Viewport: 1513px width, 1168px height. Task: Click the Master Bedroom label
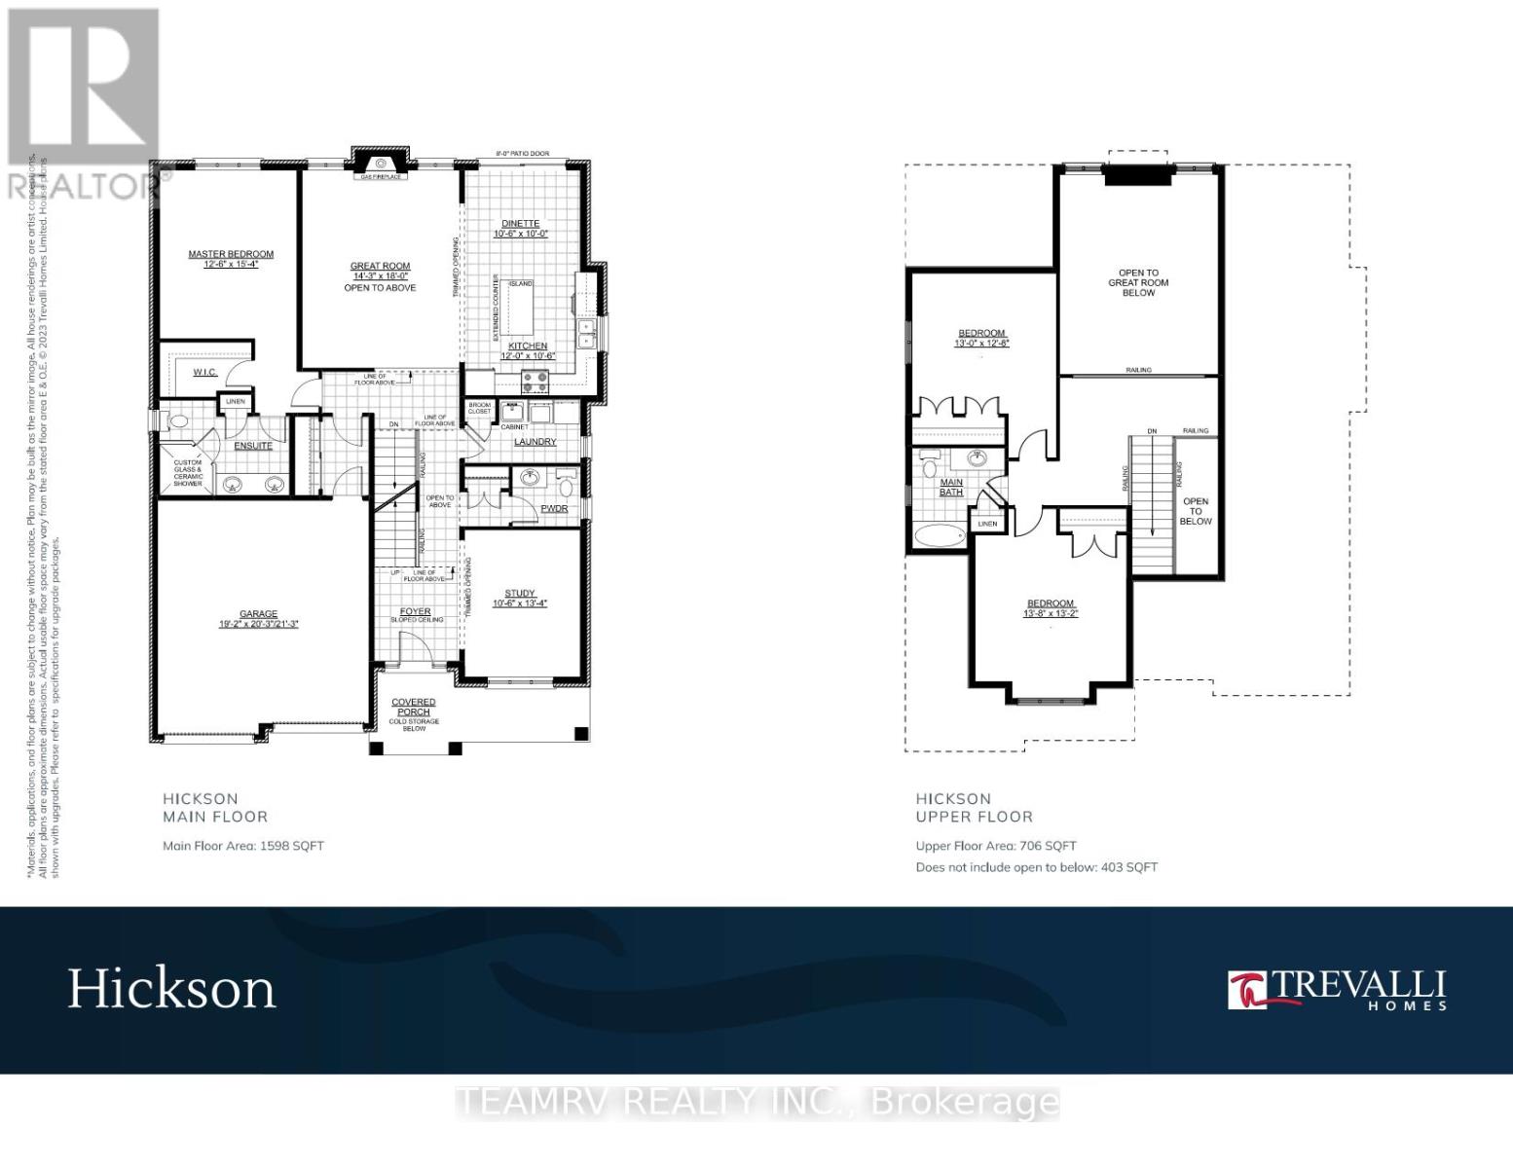[231, 254]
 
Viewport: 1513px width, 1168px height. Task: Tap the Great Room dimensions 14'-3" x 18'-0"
[380, 276]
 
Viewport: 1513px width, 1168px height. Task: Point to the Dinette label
[521, 224]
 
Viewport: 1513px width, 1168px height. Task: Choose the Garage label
[258, 614]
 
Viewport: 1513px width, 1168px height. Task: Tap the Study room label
[520, 594]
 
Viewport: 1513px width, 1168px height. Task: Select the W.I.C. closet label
[204, 372]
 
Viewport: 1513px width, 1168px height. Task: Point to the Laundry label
[535, 442]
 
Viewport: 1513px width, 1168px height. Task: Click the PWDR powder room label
[554, 508]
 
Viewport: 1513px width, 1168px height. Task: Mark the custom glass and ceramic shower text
[188, 473]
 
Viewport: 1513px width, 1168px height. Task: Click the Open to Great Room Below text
[1138, 282]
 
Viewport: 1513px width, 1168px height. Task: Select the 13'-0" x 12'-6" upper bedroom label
[981, 338]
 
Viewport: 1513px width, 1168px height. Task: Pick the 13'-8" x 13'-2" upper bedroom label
[1051, 608]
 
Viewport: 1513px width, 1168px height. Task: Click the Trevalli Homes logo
[1337, 990]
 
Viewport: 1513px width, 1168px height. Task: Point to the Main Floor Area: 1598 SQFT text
[243, 846]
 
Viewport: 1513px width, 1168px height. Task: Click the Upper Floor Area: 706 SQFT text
[996, 846]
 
